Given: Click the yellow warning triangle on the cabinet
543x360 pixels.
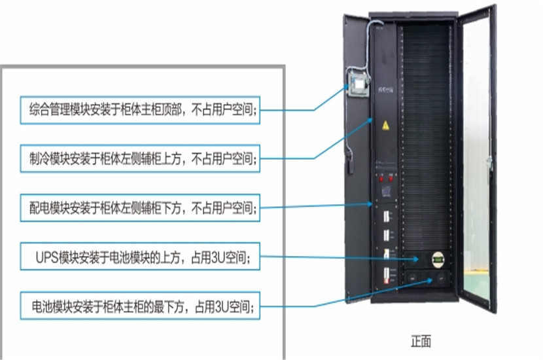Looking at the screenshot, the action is click(x=385, y=126).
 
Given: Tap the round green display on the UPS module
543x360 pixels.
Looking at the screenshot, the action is click(x=438, y=259).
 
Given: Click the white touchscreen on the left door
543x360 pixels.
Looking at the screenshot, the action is click(x=358, y=84).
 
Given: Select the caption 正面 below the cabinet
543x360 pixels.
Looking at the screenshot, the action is click(x=421, y=341).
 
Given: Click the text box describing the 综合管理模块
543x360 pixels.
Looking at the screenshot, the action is click(x=140, y=110).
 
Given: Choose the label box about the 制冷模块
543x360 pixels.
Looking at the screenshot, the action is click(x=140, y=158).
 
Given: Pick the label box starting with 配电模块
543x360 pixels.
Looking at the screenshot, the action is click(x=140, y=208).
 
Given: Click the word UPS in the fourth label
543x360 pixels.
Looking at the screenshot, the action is click(x=47, y=257).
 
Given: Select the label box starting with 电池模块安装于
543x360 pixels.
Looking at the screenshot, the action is click(x=140, y=306).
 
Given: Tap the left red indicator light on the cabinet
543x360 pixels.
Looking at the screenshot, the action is click(x=381, y=179).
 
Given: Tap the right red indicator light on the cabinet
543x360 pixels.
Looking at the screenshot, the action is click(x=391, y=179).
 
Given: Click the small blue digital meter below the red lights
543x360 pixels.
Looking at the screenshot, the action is click(x=386, y=191).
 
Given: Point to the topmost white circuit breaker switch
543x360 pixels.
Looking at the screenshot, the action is click(x=386, y=217).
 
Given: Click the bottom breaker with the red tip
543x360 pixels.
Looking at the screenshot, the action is click(x=386, y=276).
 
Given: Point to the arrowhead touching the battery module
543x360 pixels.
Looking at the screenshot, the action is click(x=430, y=280).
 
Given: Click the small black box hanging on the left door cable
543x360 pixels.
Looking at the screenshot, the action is click(x=350, y=166).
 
